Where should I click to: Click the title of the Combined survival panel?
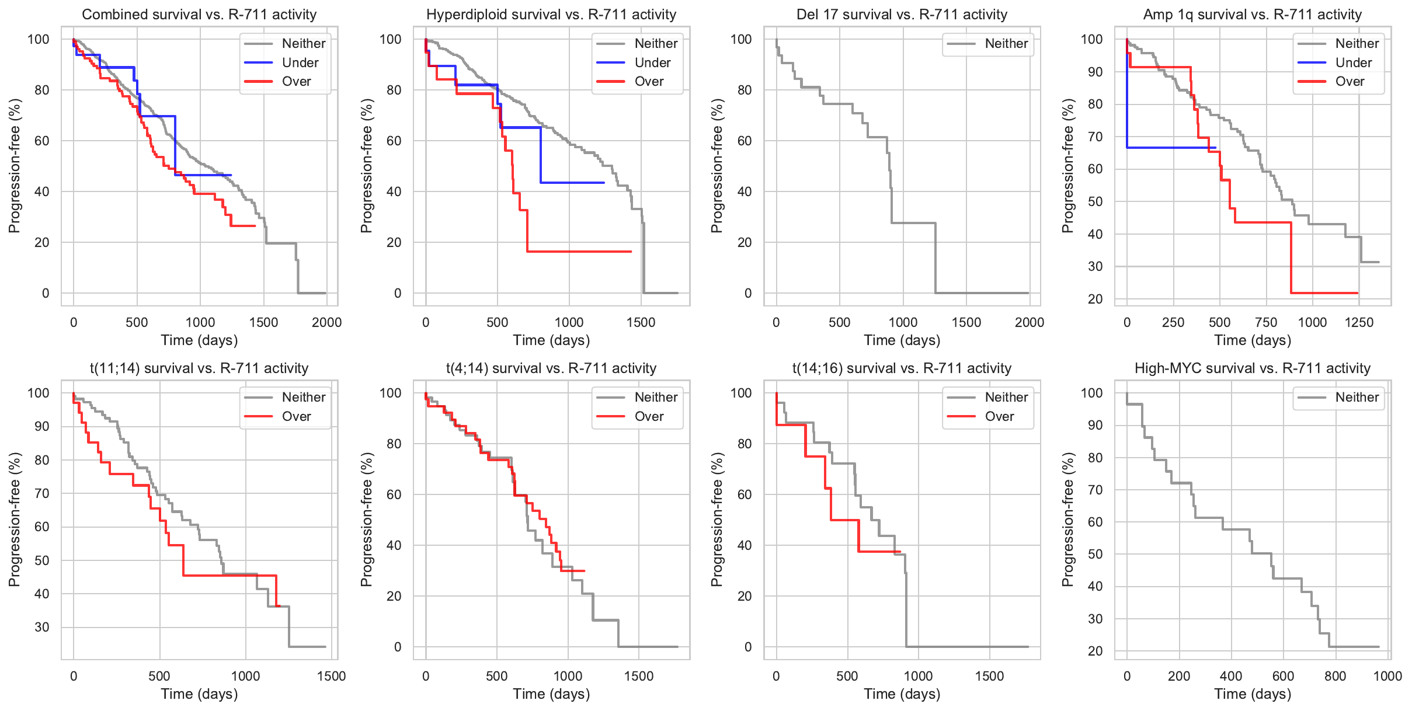[199, 15]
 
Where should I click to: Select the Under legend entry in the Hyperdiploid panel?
[652, 62]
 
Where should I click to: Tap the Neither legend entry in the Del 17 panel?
[1006, 44]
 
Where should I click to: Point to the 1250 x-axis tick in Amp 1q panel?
[1359, 322]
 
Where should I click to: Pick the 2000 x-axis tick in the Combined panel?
[326, 322]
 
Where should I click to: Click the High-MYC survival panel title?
[1252, 368]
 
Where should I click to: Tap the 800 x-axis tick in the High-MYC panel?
[1335, 676]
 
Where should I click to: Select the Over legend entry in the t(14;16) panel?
[999, 417]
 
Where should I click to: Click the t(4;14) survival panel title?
[551, 368]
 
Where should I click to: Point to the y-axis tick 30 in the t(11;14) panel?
[42, 628]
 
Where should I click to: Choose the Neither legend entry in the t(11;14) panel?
[304, 398]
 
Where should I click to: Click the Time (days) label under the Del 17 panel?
[902, 340]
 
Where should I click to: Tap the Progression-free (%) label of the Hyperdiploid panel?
[366, 166]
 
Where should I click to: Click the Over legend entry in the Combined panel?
[296, 82]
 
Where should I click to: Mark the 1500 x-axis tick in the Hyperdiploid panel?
[641, 322]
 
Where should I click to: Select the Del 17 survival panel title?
[902, 15]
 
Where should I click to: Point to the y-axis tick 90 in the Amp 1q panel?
[1091, 72]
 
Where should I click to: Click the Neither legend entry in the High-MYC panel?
[1357, 398]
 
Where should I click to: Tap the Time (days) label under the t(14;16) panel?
[902, 694]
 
